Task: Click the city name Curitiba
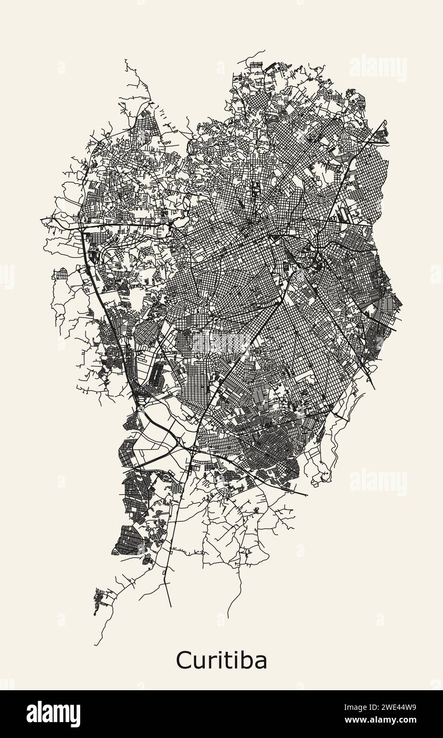pyautogui.click(x=221, y=661)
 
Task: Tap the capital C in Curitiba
pyautogui.click(x=183, y=661)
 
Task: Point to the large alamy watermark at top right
pyautogui.click(x=378, y=67)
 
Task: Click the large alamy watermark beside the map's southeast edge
pyautogui.click(x=378, y=482)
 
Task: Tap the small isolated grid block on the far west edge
pyautogui.click(x=61, y=274)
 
